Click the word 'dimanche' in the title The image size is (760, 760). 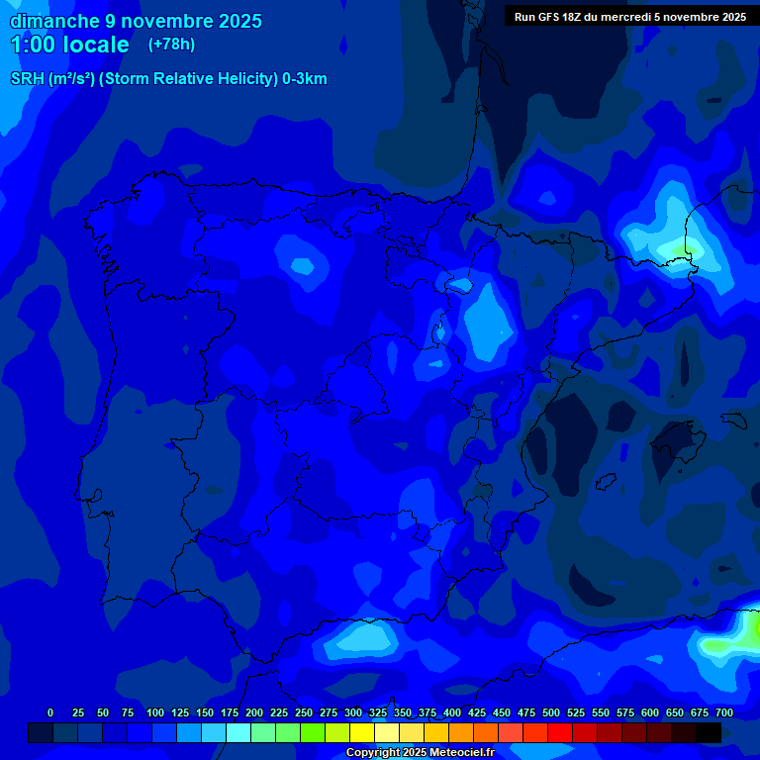53,21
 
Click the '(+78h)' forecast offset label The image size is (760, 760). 172,44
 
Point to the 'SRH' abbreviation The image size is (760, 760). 27,79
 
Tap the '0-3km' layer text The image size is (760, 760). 304,79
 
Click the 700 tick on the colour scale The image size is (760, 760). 723,712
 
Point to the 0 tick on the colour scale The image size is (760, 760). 50,712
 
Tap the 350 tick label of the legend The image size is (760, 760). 402,712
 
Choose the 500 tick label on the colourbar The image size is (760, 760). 550,712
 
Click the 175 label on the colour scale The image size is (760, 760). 229,712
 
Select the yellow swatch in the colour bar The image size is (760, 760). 362,732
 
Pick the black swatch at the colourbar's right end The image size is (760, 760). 709,732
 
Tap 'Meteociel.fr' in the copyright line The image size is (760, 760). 457,753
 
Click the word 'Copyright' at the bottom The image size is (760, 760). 373,753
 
